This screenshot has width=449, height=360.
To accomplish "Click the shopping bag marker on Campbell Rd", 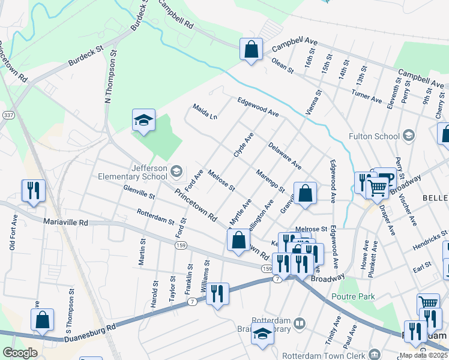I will coord(251,49).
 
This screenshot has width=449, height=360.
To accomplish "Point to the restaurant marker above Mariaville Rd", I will coord(32,191).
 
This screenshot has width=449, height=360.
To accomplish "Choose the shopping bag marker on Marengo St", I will coord(305,193).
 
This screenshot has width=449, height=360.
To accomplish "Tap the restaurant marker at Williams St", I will coord(217,293).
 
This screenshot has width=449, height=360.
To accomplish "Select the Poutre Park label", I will coord(355,296).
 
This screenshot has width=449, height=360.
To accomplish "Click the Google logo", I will coord(20,353).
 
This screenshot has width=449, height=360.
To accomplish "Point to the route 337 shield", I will coord(5,114).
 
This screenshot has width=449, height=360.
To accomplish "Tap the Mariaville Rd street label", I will coord(65,222).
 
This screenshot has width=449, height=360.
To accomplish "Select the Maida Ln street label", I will coord(205,111).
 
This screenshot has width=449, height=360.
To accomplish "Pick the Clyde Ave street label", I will coord(244,145).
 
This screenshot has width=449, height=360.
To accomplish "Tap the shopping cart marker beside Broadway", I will coord(377,187).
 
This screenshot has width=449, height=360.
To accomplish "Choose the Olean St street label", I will coord(282,66).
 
